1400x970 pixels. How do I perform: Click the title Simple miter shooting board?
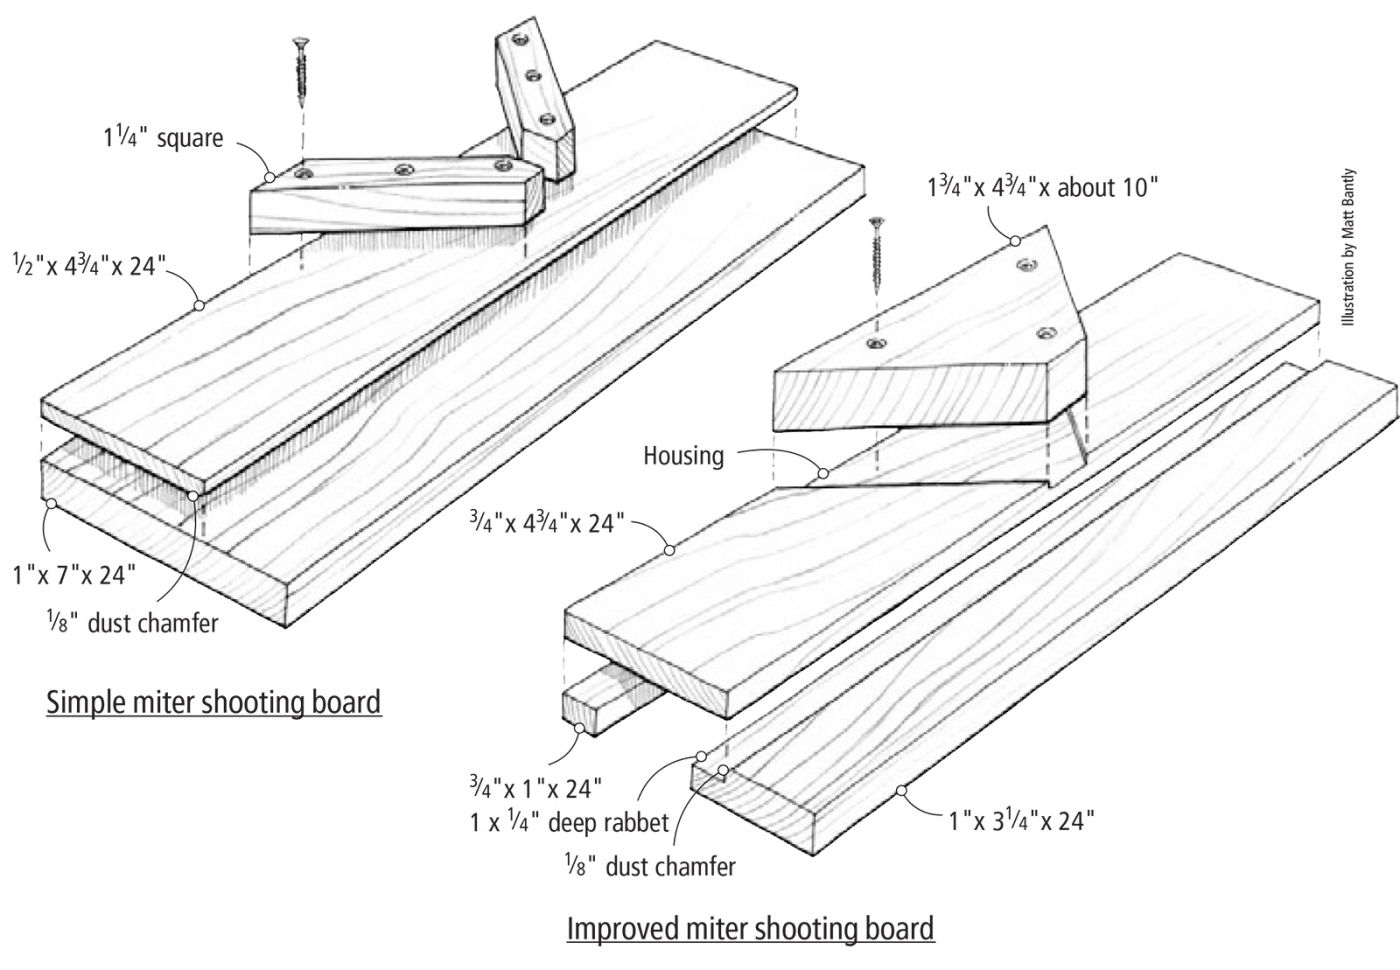point(214,702)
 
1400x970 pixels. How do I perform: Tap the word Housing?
point(683,456)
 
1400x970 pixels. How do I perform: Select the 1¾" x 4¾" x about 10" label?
point(1044,187)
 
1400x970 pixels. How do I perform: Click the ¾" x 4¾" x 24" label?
point(547,522)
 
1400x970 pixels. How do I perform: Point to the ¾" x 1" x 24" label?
point(536,788)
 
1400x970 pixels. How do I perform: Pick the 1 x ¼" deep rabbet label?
point(568,823)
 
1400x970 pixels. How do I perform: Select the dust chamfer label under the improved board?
point(649,866)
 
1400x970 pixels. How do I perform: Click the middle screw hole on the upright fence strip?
point(533,76)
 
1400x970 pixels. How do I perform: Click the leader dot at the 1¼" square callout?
point(268,177)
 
